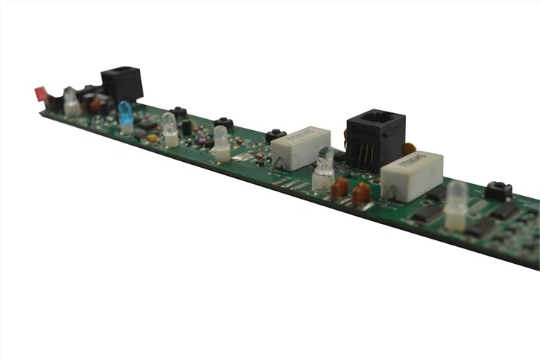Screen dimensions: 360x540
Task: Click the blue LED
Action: [x=126, y=114]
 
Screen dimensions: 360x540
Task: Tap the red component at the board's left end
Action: [x=40, y=95]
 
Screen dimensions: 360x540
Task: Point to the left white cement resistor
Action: [x=300, y=147]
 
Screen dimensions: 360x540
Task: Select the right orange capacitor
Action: [x=361, y=194]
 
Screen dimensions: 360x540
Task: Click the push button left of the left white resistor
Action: [x=276, y=135]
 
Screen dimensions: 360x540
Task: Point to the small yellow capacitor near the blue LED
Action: [x=152, y=137]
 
